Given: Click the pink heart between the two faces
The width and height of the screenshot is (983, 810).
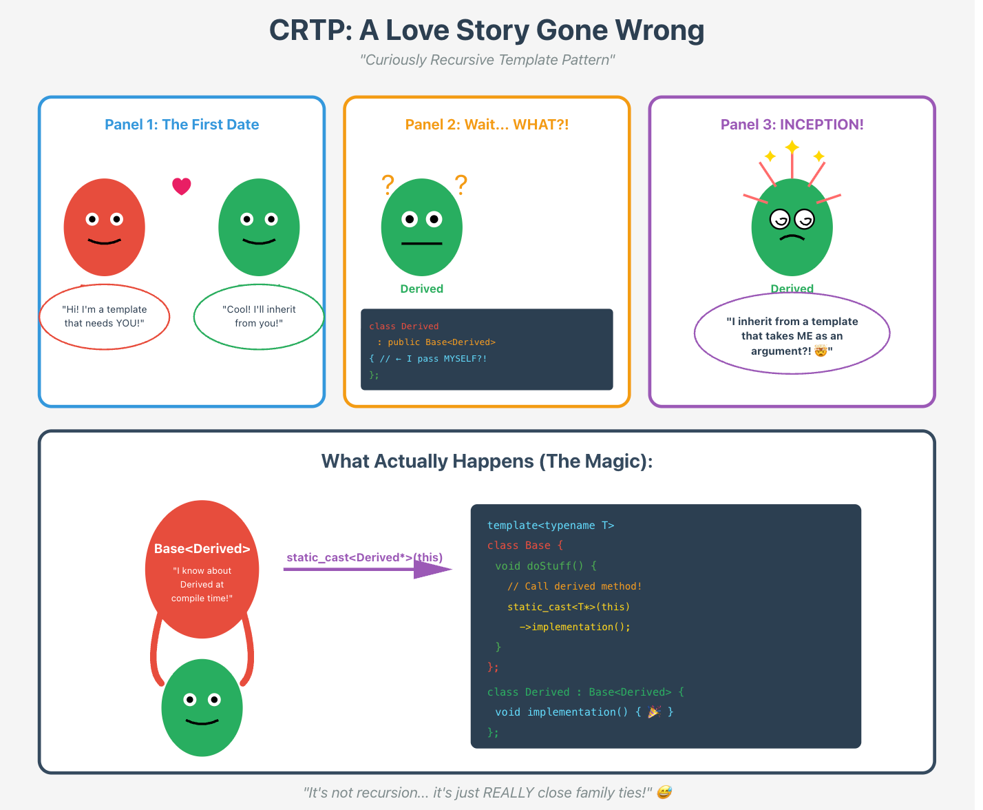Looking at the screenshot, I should (x=181, y=186).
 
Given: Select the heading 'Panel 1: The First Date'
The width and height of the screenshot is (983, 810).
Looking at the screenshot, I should (x=182, y=125).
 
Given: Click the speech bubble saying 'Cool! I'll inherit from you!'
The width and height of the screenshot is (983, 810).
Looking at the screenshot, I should (x=259, y=317).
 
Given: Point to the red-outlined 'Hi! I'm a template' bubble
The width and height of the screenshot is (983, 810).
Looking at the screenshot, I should (x=105, y=317).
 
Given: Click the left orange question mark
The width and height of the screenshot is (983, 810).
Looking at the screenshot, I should (x=388, y=184).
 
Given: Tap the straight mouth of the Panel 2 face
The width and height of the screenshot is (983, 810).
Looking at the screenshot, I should (x=421, y=244).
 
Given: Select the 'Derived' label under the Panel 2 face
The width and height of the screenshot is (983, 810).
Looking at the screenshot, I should (x=421, y=289).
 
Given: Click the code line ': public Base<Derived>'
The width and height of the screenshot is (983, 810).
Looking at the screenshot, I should (x=436, y=342).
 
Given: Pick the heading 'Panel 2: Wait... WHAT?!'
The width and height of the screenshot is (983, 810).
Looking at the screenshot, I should (x=487, y=125).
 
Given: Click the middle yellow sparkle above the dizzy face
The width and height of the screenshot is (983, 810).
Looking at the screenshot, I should (x=792, y=147).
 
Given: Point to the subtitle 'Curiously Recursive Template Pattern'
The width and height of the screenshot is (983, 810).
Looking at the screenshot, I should (x=487, y=60).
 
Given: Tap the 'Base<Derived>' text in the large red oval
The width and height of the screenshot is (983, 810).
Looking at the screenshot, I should (x=202, y=549).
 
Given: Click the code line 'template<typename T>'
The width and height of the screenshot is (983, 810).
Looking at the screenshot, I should (x=551, y=526).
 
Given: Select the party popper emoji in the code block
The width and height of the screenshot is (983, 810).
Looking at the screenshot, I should (x=654, y=712).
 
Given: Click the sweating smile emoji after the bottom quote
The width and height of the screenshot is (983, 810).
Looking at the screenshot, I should (x=664, y=793).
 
